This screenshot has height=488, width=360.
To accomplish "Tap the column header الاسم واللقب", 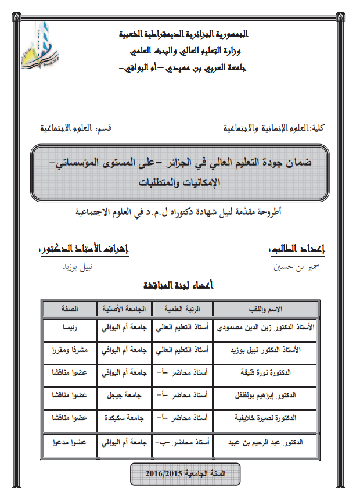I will (266, 308).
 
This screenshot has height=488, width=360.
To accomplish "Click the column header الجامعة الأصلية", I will (124, 308).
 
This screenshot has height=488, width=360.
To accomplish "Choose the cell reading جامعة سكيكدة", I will (124, 418).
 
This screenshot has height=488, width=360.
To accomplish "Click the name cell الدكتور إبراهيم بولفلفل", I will (266, 396).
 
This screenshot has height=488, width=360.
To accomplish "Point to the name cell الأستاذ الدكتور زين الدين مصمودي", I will (266, 328).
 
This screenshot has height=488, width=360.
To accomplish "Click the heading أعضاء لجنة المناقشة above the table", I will (179, 286).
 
